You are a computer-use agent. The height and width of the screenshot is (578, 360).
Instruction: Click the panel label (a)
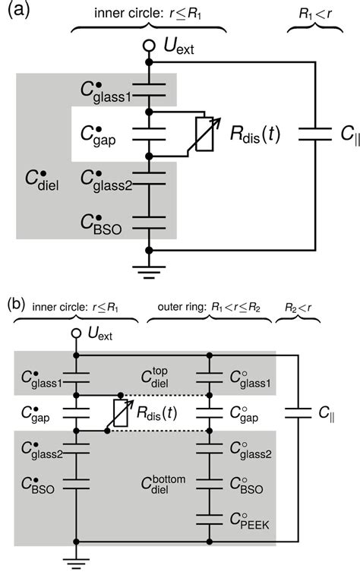click(x=14, y=13)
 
